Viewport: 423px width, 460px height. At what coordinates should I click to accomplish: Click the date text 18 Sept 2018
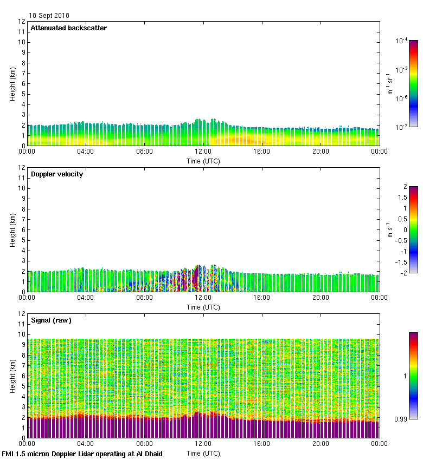click(x=49, y=16)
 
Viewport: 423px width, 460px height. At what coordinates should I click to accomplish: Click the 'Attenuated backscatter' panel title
click(x=68, y=28)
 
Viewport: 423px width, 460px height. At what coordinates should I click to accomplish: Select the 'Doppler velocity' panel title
click(x=57, y=174)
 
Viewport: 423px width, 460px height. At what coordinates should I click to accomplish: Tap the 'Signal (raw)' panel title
click(x=51, y=320)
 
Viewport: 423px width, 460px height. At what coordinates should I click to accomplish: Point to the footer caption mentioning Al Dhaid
click(x=82, y=454)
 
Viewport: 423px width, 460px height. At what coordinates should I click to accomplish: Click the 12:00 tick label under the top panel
click(x=203, y=152)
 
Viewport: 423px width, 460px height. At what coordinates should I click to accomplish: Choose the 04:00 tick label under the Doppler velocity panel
click(x=86, y=298)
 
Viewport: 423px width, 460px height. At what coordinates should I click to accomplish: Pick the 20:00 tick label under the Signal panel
click(x=321, y=444)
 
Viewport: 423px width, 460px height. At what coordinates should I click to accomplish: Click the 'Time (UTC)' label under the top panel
click(x=203, y=161)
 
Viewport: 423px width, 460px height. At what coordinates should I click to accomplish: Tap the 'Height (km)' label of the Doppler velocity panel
click(x=12, y=230)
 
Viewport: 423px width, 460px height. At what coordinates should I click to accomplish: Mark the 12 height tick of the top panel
click(x=22, y=22)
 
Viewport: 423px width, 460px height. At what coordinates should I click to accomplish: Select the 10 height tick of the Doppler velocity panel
click(x=22, y=188)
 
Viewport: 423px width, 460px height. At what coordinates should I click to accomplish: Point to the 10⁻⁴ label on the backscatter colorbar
click(x=401, y=41)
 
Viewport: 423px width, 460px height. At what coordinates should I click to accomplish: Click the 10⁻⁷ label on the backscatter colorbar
click(x=401, y=127)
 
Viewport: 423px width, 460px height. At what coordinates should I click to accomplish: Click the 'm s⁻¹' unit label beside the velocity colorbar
click(x=389, y=229)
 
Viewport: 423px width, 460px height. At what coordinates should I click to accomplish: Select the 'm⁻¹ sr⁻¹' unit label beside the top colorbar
click(x=389, y=83)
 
